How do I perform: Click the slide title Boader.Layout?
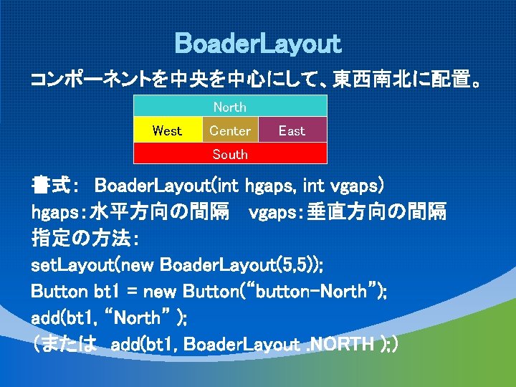click(x=258, y=44)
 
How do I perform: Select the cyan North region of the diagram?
click(x=230, y=107)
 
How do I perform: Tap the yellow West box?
click(x=168, y=130)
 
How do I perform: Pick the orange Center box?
click(x=230, y=130)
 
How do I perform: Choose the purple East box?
click(x=292, y=130)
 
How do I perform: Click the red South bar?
click(x=230, y=154)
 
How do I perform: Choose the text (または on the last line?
click(x=64, y=344)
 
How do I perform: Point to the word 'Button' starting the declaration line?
click(x=59, y=292)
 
